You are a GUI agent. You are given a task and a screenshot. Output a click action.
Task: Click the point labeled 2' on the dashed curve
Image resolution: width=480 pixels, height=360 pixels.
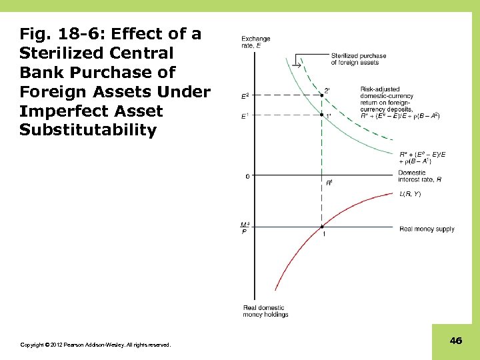[x=322, y=95]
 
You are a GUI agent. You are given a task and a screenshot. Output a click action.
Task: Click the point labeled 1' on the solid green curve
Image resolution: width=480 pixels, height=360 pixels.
[x=322, y=116]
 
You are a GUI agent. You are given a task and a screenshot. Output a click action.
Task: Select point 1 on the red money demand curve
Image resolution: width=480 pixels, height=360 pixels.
[x=322, y=227]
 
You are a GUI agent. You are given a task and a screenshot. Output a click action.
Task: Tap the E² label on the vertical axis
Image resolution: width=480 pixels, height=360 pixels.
[x=245, y=95]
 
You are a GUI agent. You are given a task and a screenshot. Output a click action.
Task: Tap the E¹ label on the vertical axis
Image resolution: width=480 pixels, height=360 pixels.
[x=245, y=116]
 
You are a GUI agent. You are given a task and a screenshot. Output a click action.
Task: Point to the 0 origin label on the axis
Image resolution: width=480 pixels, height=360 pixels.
[x=247, y=176]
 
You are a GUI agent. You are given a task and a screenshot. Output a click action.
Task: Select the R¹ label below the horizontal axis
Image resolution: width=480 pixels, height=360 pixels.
[x=329, y=183]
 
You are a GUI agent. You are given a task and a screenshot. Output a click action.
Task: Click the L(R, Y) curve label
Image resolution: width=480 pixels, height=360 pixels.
[x=410, y=194]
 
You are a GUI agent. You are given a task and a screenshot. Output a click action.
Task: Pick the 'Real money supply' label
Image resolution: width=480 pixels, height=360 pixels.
[x=427, y=229]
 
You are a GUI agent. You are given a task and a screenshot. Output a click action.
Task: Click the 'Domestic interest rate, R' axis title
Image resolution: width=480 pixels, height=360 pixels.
[x=419, y=176]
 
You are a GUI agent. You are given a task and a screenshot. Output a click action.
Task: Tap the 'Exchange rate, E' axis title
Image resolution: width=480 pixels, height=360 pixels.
[x=256, y=42]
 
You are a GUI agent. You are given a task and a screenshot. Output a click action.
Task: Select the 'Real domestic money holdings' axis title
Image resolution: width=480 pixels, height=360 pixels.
[x=265, y=311]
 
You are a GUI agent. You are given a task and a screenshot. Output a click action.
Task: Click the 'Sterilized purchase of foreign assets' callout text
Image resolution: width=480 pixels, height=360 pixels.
[x=358, y=59]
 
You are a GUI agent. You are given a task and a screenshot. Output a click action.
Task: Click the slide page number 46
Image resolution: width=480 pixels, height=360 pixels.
[x=456, y=341]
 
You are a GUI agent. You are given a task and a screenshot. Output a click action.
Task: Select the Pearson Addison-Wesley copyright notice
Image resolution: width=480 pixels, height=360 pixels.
[x=95, y=345]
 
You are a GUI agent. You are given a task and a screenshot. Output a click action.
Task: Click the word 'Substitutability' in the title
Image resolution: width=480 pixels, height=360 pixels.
[x=87, y=129]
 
